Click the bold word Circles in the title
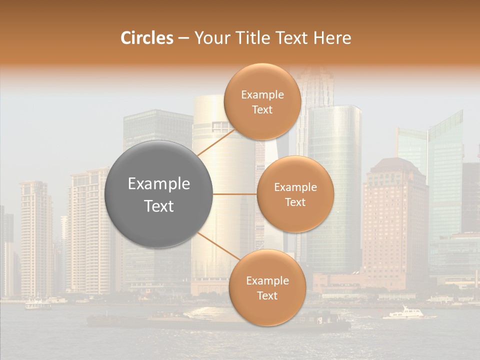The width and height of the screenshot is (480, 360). [146, 38]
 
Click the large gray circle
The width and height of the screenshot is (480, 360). [159, 194]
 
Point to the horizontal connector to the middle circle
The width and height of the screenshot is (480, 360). [235, 194]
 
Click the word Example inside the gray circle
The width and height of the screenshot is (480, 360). [159, 184]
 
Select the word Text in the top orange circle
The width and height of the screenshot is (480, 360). [262, 109]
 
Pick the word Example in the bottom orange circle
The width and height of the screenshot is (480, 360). [267, 281]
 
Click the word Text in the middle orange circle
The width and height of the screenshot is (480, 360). [295, 202]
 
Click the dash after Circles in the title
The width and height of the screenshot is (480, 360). [183, 38]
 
